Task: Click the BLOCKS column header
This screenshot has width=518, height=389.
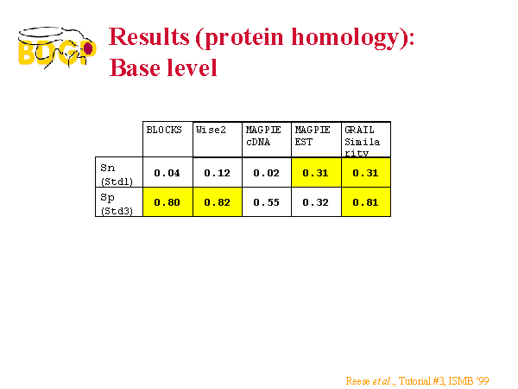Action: tap(164, 130)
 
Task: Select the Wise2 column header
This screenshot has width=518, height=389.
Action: tap(211, 130)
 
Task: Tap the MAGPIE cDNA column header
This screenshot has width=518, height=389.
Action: tap(263, 136)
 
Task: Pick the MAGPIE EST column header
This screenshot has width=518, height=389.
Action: tap(313, 136)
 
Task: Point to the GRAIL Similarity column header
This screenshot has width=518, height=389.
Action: tap(362, 141)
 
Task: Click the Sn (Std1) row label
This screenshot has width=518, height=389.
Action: tap(117, 175)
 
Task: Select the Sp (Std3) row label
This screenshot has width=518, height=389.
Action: tap(117, 204)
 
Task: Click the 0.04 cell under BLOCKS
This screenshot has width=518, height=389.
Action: tap(167, 173)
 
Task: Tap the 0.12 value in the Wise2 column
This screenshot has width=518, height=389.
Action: tap(217, 173)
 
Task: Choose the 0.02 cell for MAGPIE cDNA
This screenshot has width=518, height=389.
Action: tap(266, 173)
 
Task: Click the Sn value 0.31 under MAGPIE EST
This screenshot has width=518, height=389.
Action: tap(315, 173)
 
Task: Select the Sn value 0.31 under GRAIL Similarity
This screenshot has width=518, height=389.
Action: tap(365, 173)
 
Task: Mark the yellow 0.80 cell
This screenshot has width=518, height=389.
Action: tap(167, 202)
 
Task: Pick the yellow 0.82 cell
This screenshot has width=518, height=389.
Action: tap(217, 202)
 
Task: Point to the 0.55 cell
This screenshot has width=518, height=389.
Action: tap(266, 202)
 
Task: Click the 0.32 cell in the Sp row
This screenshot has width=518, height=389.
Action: tap(315, 202)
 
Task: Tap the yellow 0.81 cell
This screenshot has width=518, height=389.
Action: tap(365, 202)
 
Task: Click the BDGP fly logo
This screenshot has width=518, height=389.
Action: tap(57, 48)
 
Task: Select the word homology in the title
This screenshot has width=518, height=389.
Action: tap(345, 38)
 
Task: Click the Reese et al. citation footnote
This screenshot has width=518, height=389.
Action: tap(417, 381)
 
